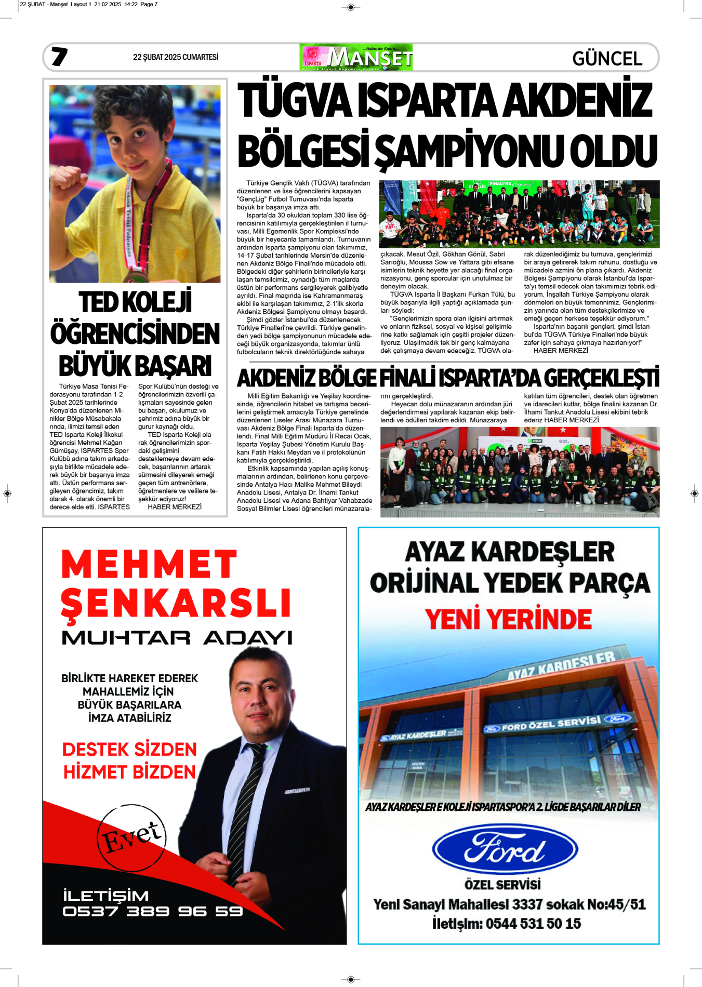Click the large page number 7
59,57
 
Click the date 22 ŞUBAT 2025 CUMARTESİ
176,57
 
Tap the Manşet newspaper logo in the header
356,57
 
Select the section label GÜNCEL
607,59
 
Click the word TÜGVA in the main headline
295,101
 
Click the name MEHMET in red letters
149,564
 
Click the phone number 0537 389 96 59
152,911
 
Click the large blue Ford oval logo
505,849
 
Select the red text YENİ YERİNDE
508,619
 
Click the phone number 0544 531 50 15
533,924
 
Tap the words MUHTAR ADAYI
177,637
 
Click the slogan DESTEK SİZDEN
129,749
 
